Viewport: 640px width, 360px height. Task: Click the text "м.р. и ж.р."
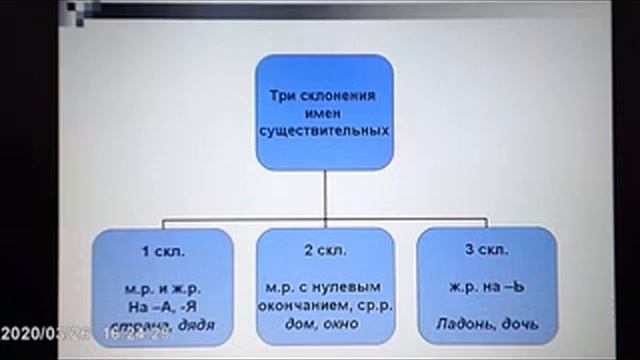pos(164,290)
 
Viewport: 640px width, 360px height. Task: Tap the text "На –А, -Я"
pos(164,307)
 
